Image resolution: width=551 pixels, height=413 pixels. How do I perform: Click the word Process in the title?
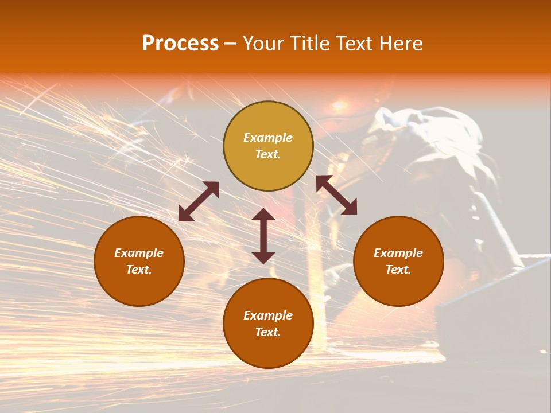(180, 44)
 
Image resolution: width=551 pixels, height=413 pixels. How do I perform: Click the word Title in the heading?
(309, 44)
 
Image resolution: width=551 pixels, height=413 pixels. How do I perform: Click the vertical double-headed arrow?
(263, 236)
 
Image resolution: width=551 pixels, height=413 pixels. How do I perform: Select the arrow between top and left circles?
(199, 201)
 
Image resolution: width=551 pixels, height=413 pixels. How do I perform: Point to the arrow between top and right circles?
(336, 195)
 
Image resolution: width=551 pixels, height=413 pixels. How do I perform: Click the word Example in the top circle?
(268, 138)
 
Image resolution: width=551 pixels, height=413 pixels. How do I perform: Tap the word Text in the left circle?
(139, 270)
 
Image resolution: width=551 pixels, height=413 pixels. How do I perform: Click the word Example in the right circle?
(398, 253)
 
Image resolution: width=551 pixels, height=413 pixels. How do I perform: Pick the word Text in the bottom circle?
(268, 332)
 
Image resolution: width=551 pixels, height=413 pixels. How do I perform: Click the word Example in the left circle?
(139, 253)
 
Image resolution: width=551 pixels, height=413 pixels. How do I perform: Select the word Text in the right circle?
(398, 270)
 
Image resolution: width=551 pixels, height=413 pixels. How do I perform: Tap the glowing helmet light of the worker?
(340, 106)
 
